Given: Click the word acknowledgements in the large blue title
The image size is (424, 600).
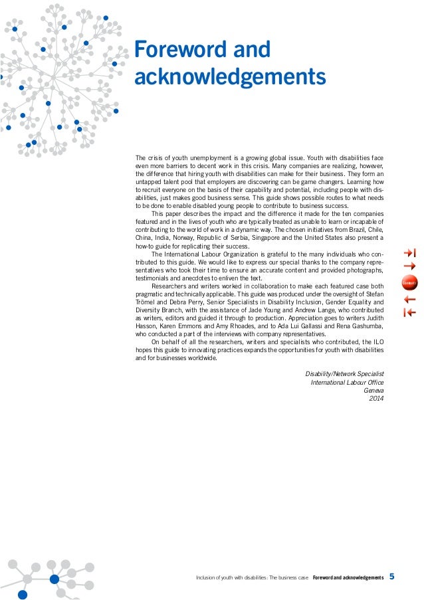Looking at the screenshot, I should tap(230, 78).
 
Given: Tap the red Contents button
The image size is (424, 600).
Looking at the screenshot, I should tap(409, 284).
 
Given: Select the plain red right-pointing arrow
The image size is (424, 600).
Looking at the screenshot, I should tap(409, 266).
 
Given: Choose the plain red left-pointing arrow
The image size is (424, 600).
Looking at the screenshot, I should tap(409, 300).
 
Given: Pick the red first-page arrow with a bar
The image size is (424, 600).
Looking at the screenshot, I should tap(409, 313).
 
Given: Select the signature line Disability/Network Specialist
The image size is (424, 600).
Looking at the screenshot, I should tap(344, 374).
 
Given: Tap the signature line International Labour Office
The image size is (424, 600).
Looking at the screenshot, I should tap(347, 383).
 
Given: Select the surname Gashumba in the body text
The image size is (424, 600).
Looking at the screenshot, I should tap(365, 326).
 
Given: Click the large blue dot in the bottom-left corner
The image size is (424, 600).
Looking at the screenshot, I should tap(23, 595).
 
